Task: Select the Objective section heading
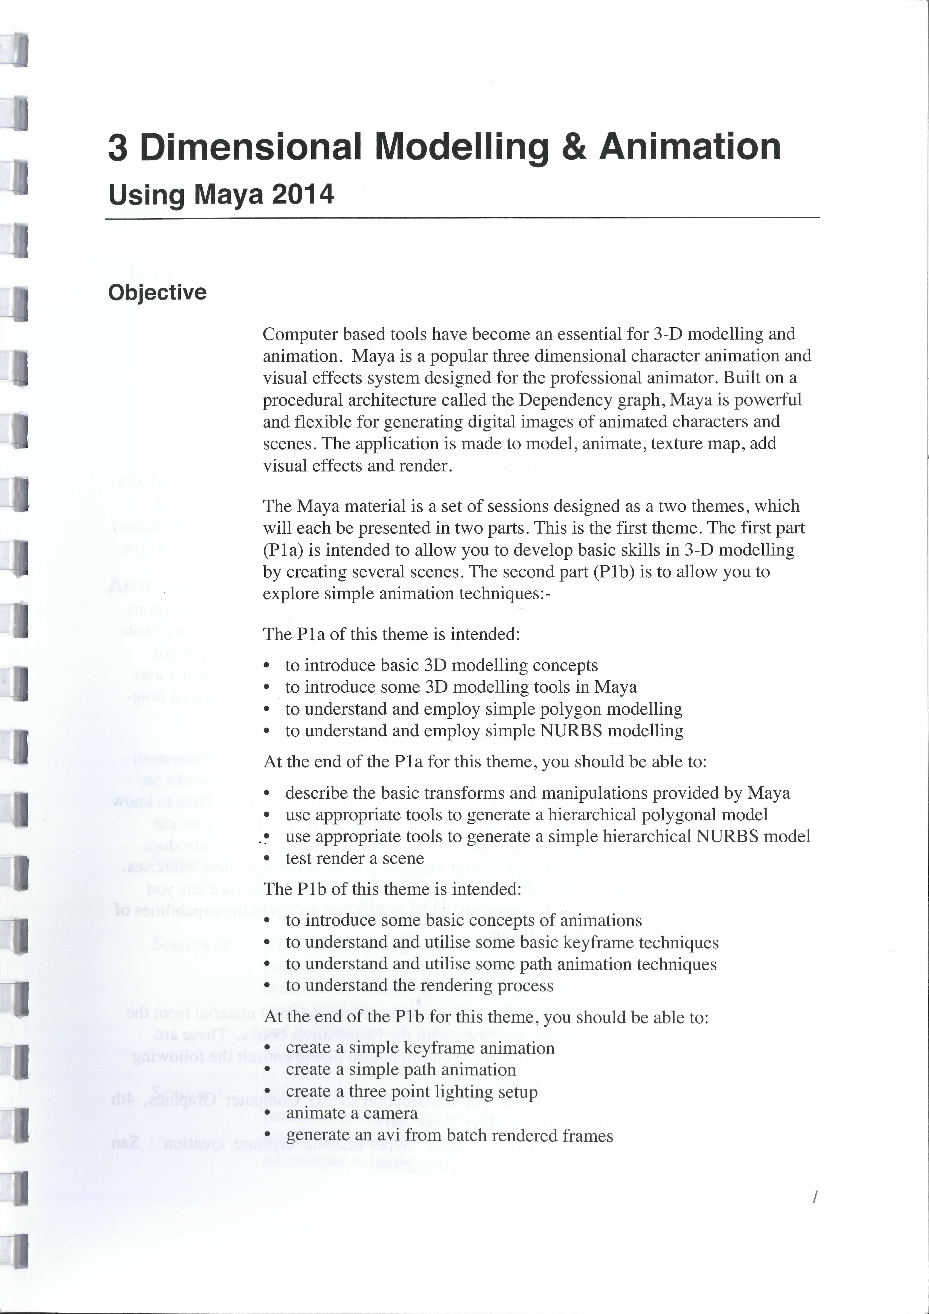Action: point(157,292)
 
